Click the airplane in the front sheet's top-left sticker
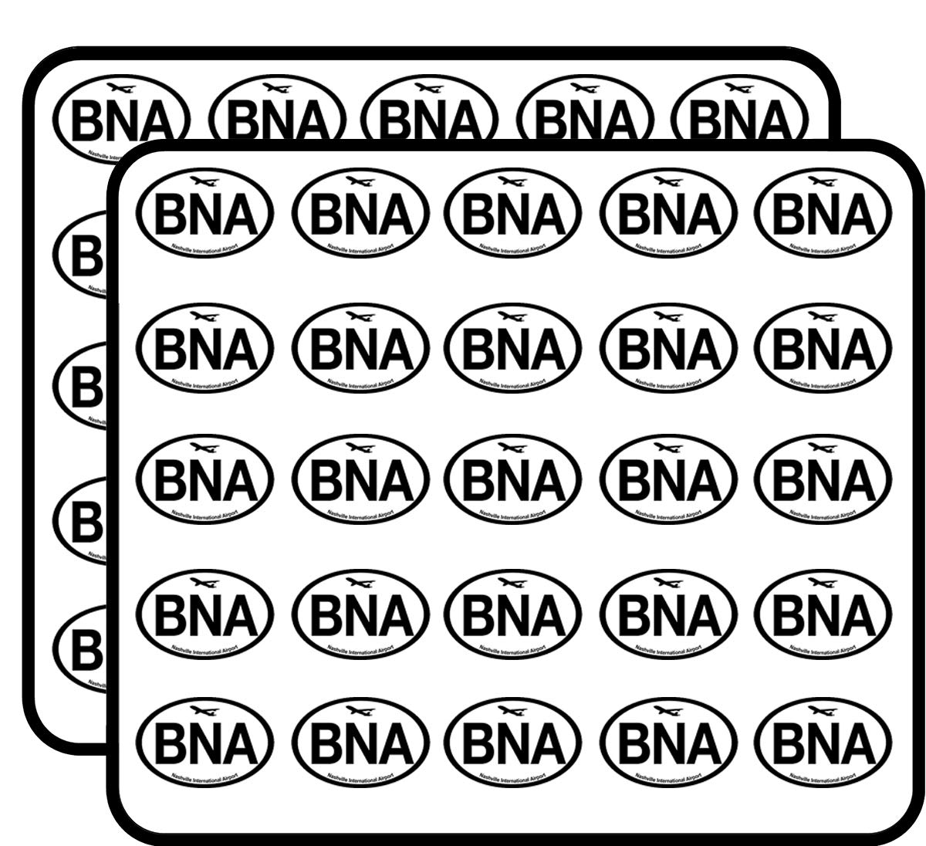pos(203,182)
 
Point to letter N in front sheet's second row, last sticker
pos(823,349)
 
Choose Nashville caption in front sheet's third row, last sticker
pos(823,513)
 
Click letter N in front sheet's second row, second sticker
pos(361,349)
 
